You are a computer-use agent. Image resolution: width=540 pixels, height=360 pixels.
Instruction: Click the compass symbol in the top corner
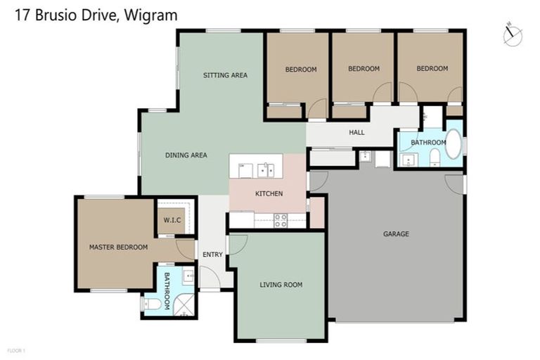pyautogui.click(x=513, y=34)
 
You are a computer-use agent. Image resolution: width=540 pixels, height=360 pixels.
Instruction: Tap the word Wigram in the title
pyautogui.click(x=153, y=14)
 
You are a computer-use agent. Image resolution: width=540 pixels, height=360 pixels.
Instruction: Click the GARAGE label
pyautogui.click(x=396, y=234)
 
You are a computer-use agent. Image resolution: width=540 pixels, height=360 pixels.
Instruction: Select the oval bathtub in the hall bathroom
pyautogui.click(x=454, y=143)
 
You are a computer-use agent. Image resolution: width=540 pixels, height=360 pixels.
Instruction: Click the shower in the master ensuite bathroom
pyautogui.click(x=185, y=304)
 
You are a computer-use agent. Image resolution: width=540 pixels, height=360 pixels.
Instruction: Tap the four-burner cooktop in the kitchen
pyautogui.click(x=281, y=220)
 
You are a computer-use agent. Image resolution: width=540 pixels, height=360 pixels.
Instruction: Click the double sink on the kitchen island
pyautogui.click(x=266, y=169)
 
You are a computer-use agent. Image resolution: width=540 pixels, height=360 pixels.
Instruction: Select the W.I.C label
pyautogui.click(x=172, y=221)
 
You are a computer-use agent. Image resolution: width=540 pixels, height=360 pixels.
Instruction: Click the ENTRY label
pyautogui.click(x=212, y=255)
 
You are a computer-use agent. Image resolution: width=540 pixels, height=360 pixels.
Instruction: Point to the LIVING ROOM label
pyautogui.click(x=281, y=285)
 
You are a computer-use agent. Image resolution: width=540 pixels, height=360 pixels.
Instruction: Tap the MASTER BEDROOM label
pyautogui.click(x=118, y=247)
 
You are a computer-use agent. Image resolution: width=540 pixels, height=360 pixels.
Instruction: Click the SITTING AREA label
pyautogui.click(x=225, y=75)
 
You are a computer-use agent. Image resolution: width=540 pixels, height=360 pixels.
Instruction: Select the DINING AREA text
pyautogui.click(x=186, y=155)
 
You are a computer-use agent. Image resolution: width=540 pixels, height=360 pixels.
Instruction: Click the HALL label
pyautogui.click(x=356, y=132)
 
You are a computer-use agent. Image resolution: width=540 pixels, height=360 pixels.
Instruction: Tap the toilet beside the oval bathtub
pyautogui.click(x=435, y=156)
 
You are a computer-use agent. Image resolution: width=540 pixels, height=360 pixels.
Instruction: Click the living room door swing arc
pyautogui.click(x=238, y=244)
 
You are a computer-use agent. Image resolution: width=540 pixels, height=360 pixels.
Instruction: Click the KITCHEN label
pyautogui.click(x=269, y=193)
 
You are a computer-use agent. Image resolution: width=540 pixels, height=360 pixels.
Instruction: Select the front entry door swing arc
pyautogui.click(x=210, y=278)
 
